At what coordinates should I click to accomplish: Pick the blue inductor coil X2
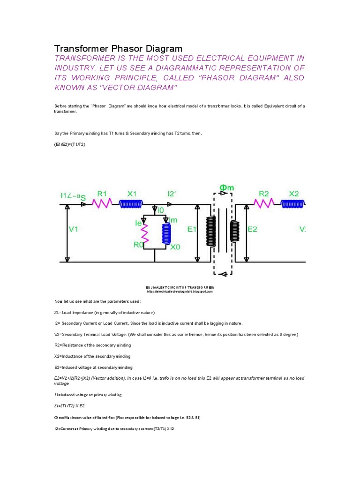click(293, 203)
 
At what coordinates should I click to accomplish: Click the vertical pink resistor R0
click(145, 232)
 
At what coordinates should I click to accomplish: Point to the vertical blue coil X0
click(165, 233)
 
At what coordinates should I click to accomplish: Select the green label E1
click(192, 229)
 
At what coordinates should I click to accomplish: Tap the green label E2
click(252, 229)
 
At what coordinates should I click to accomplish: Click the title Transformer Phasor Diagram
click(118, 49)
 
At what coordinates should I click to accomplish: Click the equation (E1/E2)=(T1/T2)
click(70, 145)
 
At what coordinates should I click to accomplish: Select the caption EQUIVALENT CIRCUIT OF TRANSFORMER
click(180, 287)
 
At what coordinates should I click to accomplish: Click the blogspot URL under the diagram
click(180, 291)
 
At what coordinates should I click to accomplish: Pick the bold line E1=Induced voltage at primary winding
click(88, 395)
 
